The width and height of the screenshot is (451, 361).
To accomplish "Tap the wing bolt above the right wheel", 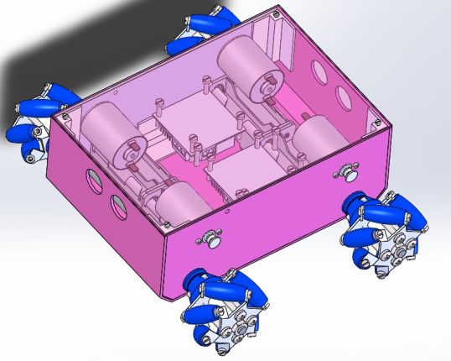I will pyautogui.click(x=346, y=172).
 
